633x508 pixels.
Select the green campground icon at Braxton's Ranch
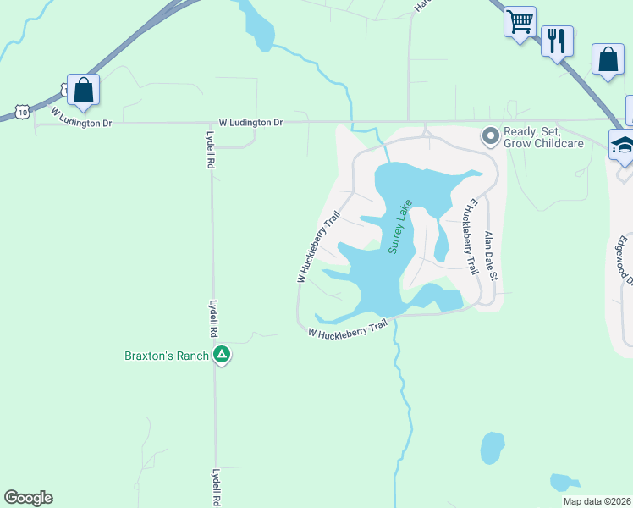point(222,355)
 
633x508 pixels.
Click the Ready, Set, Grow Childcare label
point(543,137)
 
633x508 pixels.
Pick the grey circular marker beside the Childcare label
point(490,135)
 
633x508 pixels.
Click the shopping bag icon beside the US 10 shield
point(84,90)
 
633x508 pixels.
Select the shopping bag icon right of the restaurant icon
point(608,59)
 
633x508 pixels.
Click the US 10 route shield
point(22,111)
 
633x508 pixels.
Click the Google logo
point(28,498)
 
